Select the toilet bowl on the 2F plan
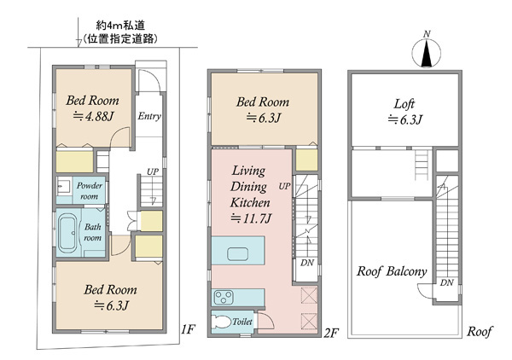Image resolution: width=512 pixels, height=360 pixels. (x=219, y=322)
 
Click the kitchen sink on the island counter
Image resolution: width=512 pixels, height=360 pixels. (x=237, y=253)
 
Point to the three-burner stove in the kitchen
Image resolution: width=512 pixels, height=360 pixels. (x=224, y=297)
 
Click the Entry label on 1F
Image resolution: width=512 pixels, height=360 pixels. (x=149, y=116)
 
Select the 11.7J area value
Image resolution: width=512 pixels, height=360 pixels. (x=251, y=218)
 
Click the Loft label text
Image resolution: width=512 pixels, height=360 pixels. (x=404, y=104)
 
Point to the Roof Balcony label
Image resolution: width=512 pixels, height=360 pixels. (x=392, y=271)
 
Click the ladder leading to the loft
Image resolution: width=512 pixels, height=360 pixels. (x=422, y=165)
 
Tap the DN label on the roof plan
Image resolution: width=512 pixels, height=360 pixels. (x=446, y=282)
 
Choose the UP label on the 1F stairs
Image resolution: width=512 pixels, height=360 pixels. (x=153, y=171)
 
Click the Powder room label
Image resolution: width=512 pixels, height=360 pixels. (x=89, y=191)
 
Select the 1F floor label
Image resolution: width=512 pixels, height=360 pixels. (x=188, y=329)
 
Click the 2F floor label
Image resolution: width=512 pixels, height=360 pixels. (x=331, y=333)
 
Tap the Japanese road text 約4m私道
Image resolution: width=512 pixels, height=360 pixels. (x=120, y=25)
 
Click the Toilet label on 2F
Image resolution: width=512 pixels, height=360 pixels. (x=242, y=322)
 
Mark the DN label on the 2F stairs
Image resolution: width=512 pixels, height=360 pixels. (x=307, y=263)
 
